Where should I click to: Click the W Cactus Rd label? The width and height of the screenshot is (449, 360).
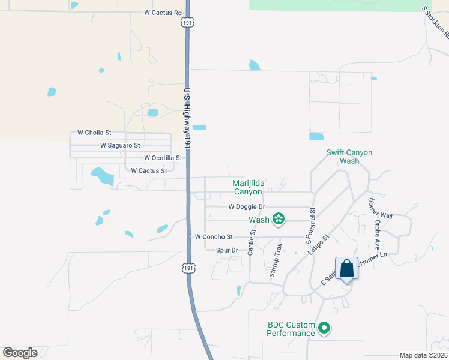click(163, 13)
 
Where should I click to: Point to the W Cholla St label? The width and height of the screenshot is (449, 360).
click(94, 133)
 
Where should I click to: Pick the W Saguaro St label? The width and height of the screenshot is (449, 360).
click(120, 145)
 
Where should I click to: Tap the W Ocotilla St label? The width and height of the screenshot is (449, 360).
click(163, 158)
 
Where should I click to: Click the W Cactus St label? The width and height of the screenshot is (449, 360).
click(149, 171)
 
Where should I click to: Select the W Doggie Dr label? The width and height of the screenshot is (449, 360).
click(247, 207)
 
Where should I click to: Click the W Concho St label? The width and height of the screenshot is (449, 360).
click(214, 237)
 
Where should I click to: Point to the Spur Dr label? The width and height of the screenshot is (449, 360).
click(227, 250)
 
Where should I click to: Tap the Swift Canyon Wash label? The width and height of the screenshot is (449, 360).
click(349, 157)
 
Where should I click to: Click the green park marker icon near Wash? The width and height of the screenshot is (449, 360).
click(279, 220)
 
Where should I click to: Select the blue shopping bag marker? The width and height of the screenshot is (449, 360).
click(347, 268)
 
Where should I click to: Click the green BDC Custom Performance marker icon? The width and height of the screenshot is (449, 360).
click(324, 328)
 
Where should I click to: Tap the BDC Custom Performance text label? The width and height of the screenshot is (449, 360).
click(291, 329)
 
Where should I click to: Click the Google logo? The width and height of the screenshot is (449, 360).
click(20, 353)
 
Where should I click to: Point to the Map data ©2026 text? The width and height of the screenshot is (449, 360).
click(423, 355)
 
